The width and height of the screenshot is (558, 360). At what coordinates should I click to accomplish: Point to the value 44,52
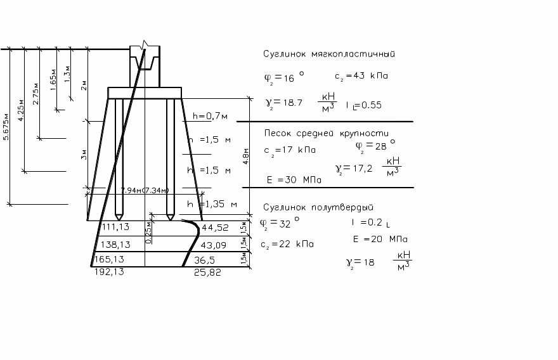(214, 228)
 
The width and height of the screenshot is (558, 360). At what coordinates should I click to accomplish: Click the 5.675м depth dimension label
(7, 130)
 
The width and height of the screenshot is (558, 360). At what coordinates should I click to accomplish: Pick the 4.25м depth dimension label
(22, 111)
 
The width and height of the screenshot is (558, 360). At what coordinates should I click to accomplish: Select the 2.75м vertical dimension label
(36, 94)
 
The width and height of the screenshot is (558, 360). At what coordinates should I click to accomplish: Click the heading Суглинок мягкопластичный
(329, 54)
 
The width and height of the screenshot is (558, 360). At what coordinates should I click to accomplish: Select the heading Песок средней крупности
(326, 132)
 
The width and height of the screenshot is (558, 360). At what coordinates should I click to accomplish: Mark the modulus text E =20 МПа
(380, 239)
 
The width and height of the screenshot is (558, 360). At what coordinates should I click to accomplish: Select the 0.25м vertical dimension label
(148, 233)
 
